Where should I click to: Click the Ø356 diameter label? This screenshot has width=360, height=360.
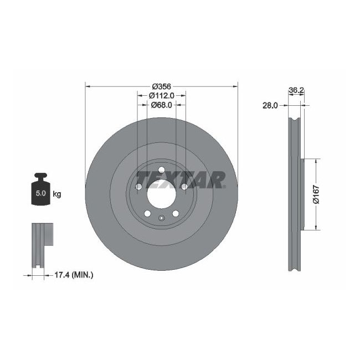coord(161,86)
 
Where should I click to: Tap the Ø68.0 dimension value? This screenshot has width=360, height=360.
coord(161,105)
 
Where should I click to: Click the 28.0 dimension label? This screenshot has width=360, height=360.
coord(270,105)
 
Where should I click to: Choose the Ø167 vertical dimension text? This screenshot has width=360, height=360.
coord(316,194)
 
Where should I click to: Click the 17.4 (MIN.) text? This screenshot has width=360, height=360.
coord(74,274)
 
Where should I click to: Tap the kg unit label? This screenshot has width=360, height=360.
coord(56,194)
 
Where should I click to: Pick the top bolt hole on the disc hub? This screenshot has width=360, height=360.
coord(161,170)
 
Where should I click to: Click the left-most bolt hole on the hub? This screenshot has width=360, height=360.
coord(138,187)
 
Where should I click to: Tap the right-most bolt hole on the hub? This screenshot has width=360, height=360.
coord(184,187)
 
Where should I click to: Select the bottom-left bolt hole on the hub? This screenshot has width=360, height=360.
coord(147,213)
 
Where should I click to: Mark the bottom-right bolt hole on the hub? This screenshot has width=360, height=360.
coord(176,213)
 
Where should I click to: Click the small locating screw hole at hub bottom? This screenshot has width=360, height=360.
coord(161,218)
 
